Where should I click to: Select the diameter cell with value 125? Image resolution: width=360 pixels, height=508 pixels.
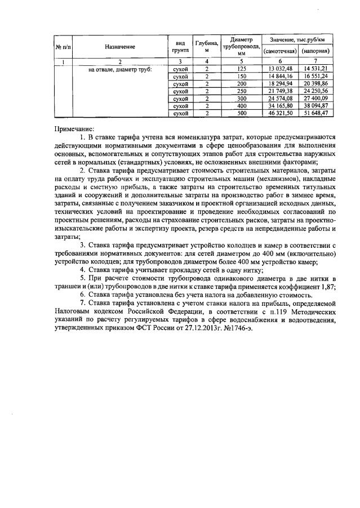coord(242,69)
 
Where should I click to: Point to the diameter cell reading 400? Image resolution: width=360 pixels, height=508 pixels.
coord(242,106)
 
